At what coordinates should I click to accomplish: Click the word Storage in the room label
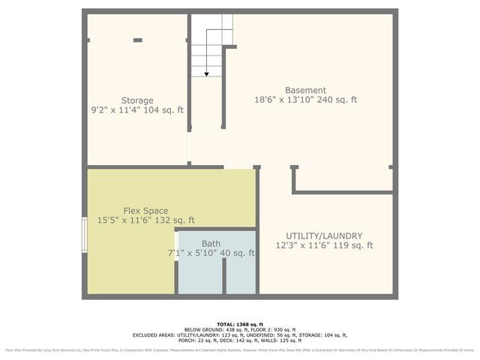[x=137, y=100]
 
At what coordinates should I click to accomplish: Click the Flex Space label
[x=145, y=211]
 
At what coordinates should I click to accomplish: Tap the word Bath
[x=211, y=244]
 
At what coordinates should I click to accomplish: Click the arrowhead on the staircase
[x=206, y=73]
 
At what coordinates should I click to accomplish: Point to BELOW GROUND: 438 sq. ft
[x=213, y=329]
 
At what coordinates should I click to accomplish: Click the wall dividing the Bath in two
[x=224, y=275]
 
